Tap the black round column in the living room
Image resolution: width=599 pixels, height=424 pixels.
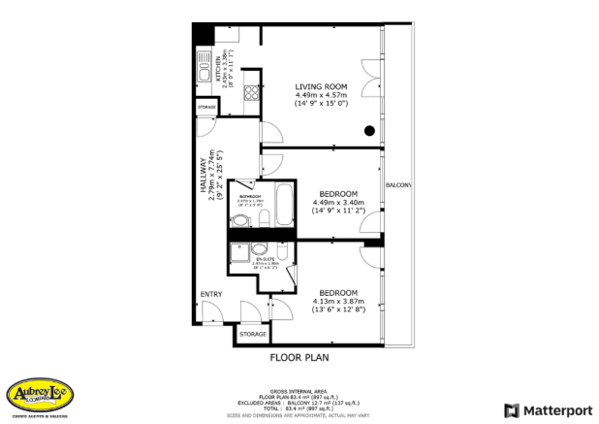(x=369, y=131)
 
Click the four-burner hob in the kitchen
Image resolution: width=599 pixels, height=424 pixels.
(x=250, y=95)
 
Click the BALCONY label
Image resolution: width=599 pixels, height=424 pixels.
(x=398, y=184)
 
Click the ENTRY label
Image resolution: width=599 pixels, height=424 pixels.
(x=211, y=294)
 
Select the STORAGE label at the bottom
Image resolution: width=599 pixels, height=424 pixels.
(x=253, y=334)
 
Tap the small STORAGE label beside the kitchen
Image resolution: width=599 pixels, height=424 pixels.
(x=206, y=105)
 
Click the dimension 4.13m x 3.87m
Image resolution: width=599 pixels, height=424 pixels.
(x=338, y=302)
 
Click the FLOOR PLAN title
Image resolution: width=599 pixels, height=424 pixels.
(x=299, y=357)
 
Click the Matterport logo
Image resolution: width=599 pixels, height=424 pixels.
(x=545, y=409)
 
